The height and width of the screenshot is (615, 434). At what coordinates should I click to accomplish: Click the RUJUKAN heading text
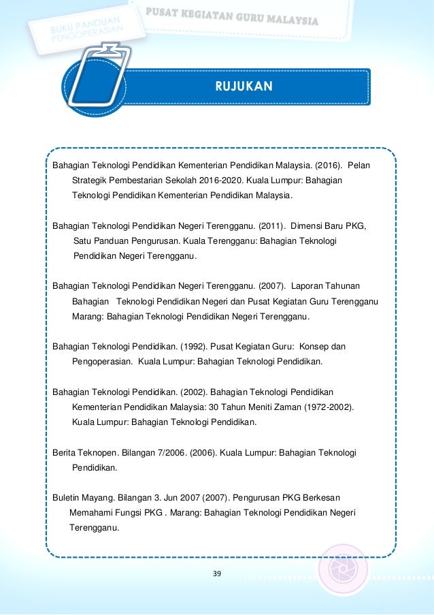coord(244,86)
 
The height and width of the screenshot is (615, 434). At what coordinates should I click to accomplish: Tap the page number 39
coord(217,574)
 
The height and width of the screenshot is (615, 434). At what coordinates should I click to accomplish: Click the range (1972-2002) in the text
coord(322,407)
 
